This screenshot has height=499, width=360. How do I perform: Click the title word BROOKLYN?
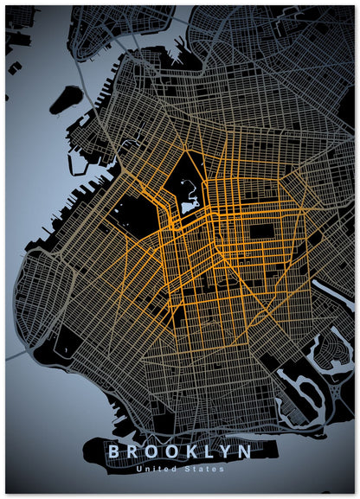tap(180, 451)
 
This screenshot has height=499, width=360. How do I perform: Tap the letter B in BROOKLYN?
tap(113, 451)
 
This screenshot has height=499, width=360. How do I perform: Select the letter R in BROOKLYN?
tap(132, 451)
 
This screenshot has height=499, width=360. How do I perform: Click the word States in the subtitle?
tap(205, 469)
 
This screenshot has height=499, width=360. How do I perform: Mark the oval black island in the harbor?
tap(66, 99)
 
